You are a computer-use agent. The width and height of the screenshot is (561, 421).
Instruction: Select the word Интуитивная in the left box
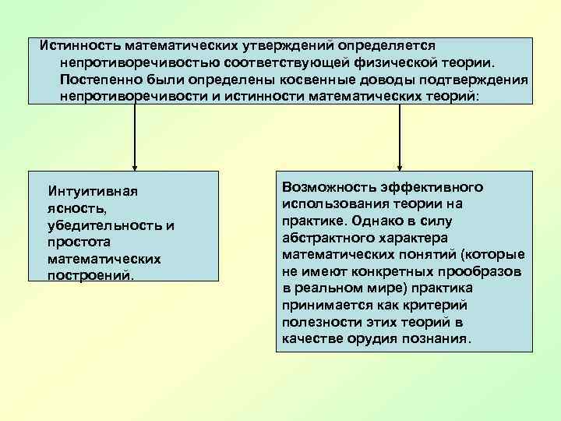click(x=92, y=191)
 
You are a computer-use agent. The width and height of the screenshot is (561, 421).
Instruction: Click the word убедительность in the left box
click(x=102, y=225)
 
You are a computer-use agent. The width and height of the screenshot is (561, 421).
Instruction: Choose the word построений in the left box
click(x=89, y=276)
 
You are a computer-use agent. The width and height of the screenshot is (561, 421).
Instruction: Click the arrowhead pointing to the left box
click(x=135, y=165)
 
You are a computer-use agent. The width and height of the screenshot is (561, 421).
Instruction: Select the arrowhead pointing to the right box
click(x=400, y=165)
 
